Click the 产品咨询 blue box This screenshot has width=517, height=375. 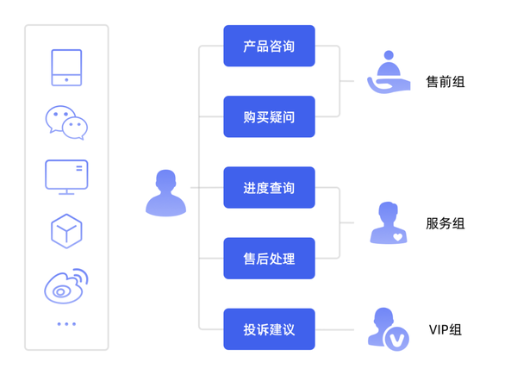point(269,46)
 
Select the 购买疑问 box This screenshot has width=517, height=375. point(269,116)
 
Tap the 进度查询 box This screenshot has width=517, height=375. point(269,187)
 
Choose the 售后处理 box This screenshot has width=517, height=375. point(269,258)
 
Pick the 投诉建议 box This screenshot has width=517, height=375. point(269,329)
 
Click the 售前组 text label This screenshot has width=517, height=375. point(445,82)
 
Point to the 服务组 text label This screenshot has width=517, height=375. point(445,223)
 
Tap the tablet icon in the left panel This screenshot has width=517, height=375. point(66,68)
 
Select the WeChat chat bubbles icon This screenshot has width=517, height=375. point(66,122)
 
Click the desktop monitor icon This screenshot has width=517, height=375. point(66,176)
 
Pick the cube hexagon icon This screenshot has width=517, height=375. point(66,230)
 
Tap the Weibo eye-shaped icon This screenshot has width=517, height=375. point(66,285)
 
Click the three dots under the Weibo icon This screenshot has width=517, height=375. point(66,324)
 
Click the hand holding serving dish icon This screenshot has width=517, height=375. point(389,73)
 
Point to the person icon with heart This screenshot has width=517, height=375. point(389,223)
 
